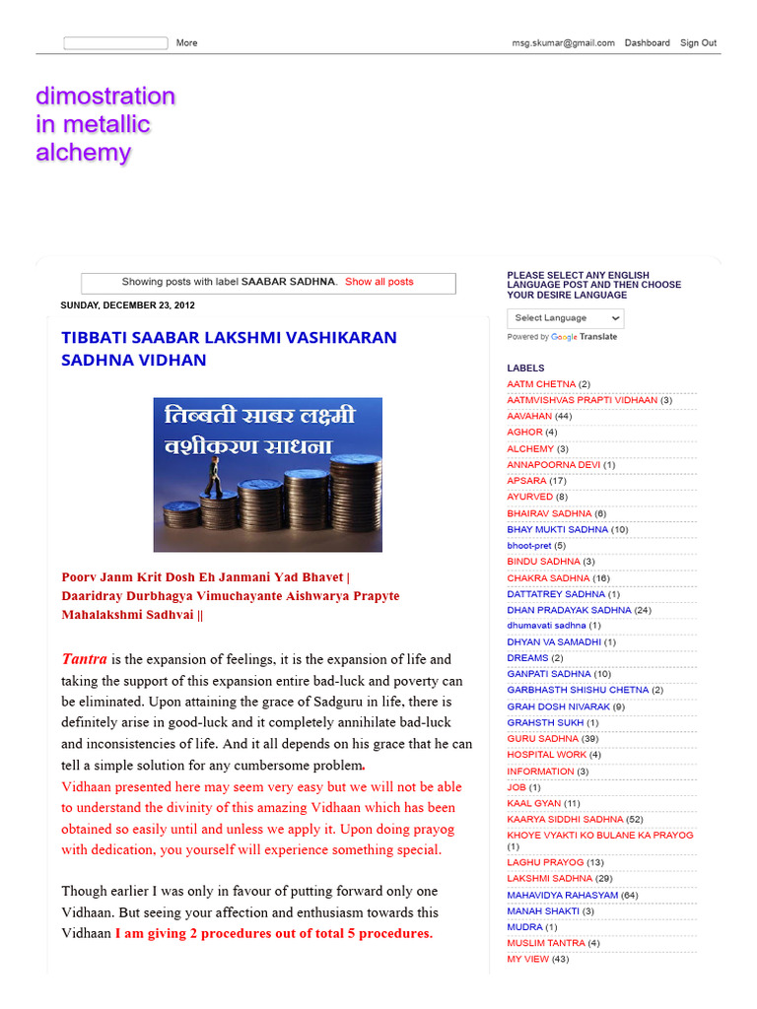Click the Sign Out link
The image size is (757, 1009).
coord(698,43)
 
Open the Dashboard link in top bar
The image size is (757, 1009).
coord(647,43)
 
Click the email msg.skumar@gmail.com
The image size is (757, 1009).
coord(563,43)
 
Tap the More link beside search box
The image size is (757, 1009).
coord(186,43)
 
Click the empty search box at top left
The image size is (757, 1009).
coord(115,43)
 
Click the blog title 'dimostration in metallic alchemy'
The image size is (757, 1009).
coord(105,124)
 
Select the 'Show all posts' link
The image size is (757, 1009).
coord(378,282)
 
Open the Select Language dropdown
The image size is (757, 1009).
coord(566,318)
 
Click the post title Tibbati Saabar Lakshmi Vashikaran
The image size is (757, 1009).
coord(229,349)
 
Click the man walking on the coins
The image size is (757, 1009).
coord(212,475)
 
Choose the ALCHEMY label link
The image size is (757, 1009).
coord(530,448)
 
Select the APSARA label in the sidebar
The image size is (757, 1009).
coord(526,481)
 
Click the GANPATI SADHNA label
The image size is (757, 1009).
coord(549,674)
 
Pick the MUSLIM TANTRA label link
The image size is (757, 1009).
coord(546,943)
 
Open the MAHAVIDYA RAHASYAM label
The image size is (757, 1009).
coord(563,895)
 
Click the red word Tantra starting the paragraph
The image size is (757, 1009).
coord(85,659)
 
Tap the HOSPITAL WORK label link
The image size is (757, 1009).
coord(546,755)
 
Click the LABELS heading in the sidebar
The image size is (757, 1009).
coord(525,368)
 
